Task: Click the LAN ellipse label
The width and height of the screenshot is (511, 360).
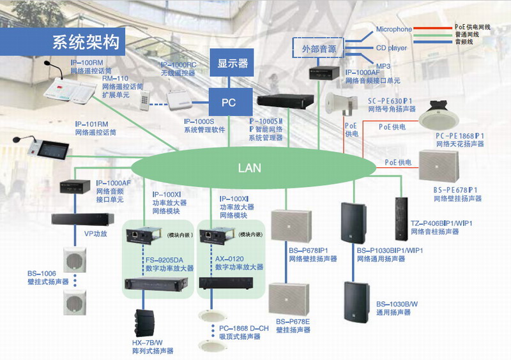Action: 249,169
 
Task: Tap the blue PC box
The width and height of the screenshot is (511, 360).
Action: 229,102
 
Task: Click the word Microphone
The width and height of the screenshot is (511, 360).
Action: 393,29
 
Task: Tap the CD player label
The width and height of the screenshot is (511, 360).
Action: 391,48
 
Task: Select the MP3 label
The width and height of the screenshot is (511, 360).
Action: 383,66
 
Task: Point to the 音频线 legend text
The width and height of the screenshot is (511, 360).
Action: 464,41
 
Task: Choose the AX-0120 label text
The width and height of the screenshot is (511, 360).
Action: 228,259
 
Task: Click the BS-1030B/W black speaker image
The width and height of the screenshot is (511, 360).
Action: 356,301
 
